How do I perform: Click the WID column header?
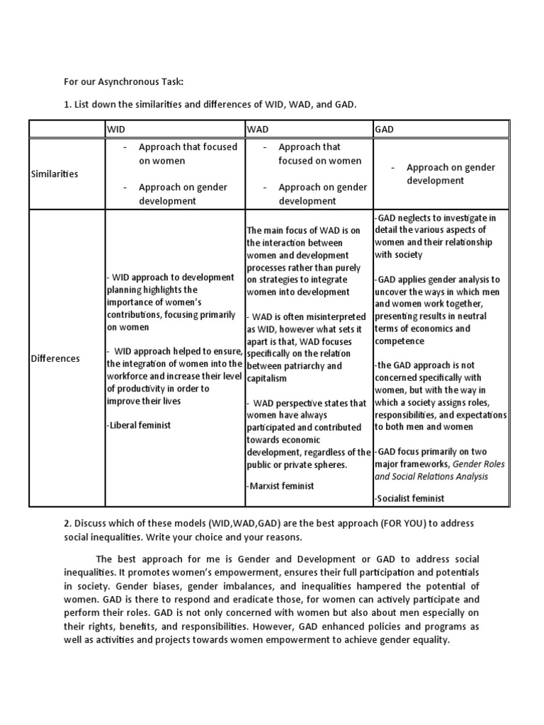tap(116, 130)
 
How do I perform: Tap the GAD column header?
tap(385, 130)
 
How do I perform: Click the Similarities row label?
tap(55, 173)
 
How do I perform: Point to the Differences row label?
tap(55, 358)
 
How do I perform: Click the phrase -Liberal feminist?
tap(139, 425)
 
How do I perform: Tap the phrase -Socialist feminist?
tap(409, 498)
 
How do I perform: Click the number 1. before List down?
tap(67, 105)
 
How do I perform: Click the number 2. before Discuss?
tap(67, 523)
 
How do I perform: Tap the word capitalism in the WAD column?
tap(267, 378)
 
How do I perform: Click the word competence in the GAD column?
tap(399, 341)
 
